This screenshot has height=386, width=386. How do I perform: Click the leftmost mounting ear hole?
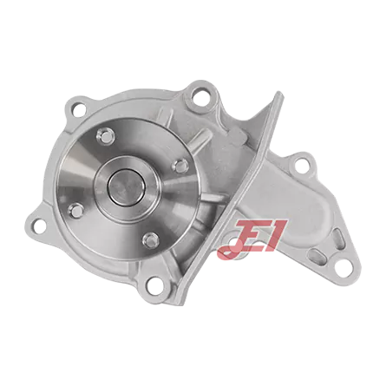(37, 225)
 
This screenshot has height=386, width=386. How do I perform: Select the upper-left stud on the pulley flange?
(104, 134)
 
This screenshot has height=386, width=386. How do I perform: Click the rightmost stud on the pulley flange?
(180, 166)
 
